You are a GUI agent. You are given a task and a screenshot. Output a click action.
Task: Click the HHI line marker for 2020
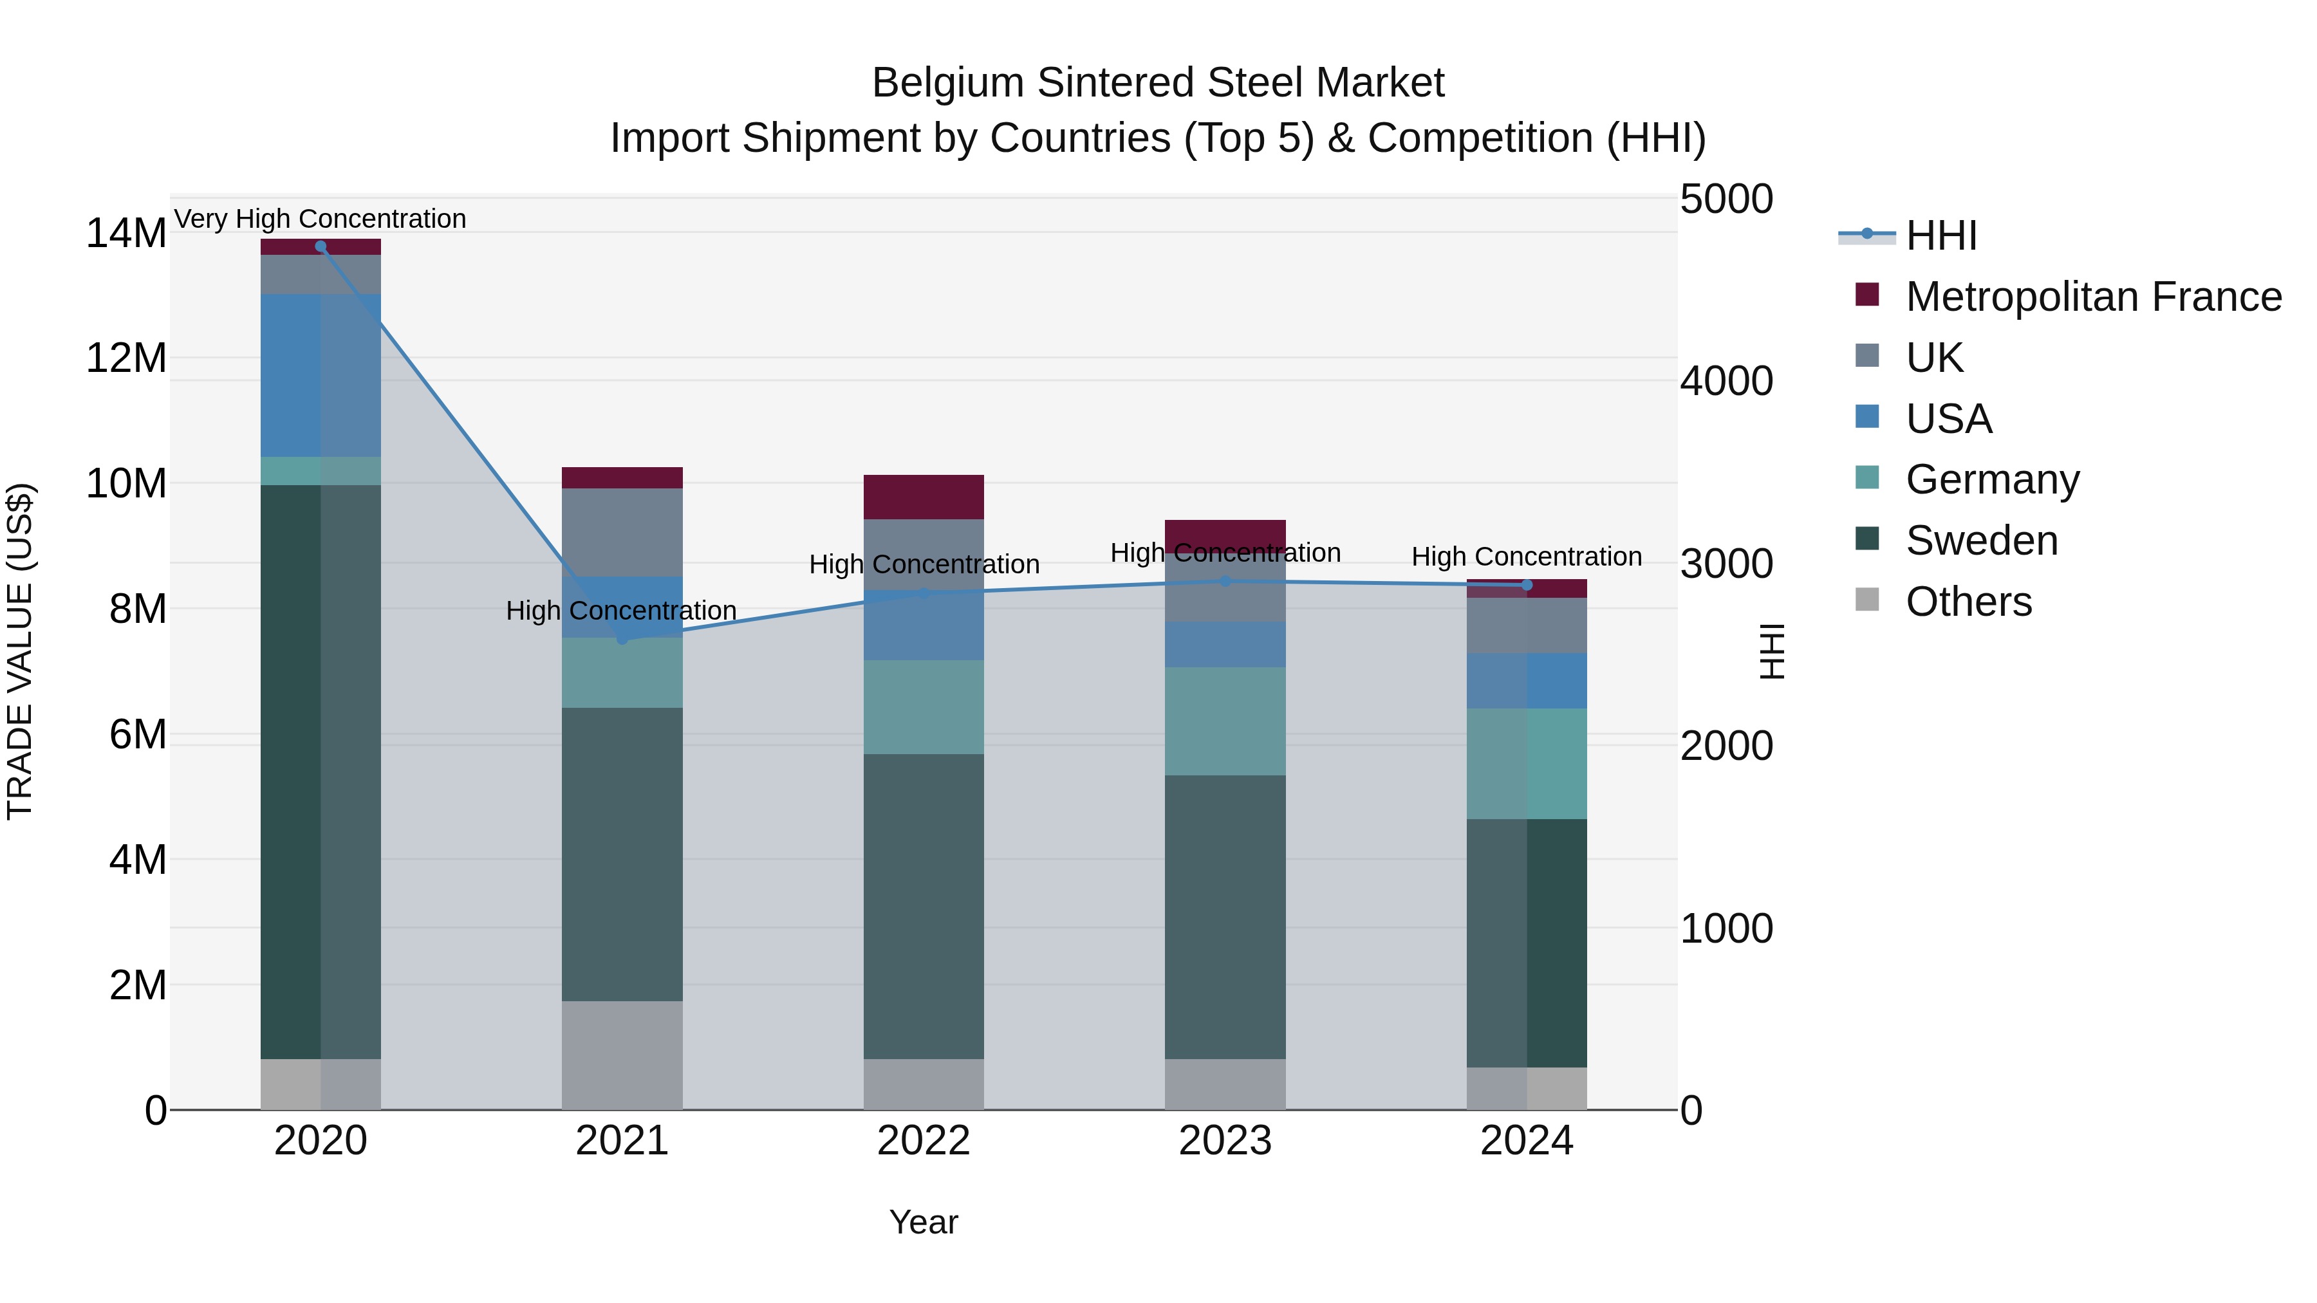pos(321,246)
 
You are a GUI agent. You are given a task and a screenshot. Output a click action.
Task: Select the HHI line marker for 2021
pos(622,638)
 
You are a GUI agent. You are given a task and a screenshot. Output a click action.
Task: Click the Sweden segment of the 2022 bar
pos(923,907)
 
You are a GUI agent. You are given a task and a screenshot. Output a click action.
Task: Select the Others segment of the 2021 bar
pos(622,1055)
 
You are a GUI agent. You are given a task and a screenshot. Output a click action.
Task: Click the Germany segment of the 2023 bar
pos(1224,721)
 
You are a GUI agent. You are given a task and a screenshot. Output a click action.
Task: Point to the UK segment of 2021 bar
pos(622,532)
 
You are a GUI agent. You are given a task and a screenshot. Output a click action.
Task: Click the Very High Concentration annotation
pos(321,219)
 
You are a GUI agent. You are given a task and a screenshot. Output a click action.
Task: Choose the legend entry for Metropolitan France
pos(2093,297)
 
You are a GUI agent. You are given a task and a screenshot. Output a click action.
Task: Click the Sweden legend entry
pos(1982,541)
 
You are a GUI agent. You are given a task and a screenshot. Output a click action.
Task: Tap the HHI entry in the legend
pos(1941,236)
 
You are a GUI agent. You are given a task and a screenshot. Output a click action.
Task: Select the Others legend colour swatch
pos(1867,600)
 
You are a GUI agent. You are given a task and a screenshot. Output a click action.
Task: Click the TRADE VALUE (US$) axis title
pos(21,651)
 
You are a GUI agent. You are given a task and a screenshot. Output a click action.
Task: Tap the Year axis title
pos(923,1222)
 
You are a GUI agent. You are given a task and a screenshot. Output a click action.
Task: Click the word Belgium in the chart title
pos(947,83)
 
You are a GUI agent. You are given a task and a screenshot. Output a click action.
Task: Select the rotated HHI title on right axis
pos(1771,651)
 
